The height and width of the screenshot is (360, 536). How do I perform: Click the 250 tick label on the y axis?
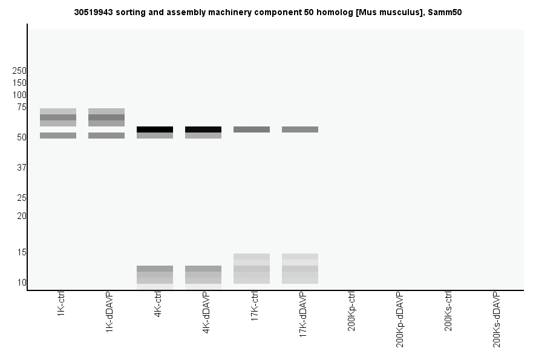19,71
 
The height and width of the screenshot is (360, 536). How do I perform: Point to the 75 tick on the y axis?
22,107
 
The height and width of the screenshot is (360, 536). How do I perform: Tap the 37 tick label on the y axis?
22,168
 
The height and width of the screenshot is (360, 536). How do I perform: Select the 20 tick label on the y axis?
22,216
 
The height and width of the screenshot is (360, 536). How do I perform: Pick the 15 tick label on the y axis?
22,252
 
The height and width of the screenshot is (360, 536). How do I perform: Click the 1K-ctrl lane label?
61,306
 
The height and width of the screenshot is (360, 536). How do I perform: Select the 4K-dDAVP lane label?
206,313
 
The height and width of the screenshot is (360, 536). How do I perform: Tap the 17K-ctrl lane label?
255,307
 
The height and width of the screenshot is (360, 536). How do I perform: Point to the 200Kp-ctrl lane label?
351,311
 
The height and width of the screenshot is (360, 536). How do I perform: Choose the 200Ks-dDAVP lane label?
497,319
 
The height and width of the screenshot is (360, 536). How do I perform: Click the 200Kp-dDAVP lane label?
400,319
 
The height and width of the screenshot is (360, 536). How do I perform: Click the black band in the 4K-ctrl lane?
155,129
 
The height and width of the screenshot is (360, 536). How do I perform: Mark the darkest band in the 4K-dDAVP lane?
203,129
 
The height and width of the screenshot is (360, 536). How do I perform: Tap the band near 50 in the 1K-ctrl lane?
58,136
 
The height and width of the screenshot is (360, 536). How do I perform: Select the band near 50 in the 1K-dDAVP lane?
106,136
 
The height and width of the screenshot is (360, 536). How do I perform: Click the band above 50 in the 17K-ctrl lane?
252,129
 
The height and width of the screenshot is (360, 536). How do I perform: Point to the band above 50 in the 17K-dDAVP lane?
300,129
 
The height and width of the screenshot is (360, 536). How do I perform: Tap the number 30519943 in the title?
95,11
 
